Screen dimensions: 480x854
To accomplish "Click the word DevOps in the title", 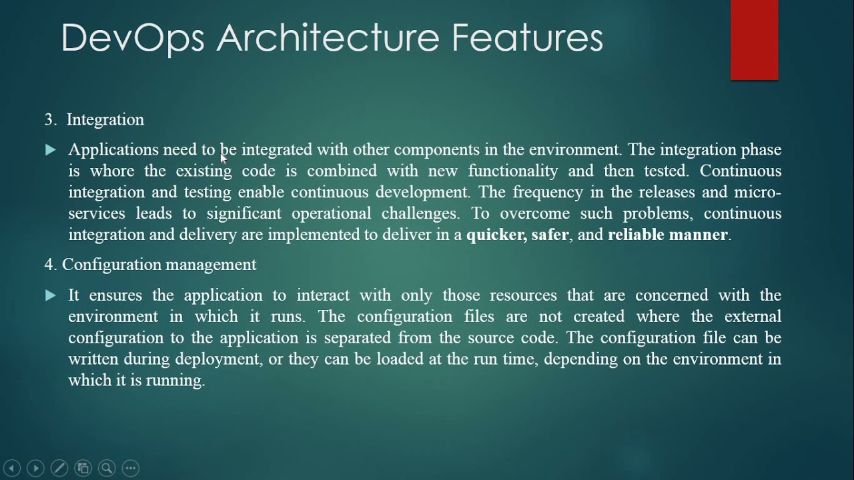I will click(x=132, y=38).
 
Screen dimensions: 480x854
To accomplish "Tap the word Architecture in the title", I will click(x=327, y=38).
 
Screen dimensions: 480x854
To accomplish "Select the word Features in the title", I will click(x=527, y=38).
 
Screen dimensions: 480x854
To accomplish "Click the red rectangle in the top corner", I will click(x=754, y=40).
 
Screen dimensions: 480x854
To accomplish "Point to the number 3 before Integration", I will click(x=49, y=120).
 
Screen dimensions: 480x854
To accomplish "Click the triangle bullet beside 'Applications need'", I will click(x=51, y=150).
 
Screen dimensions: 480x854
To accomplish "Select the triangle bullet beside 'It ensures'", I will click(x=51, y=295).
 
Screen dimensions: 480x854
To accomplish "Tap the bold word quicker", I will click(x=496, y=235).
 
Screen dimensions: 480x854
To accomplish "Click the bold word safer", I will click(x=550, y=235).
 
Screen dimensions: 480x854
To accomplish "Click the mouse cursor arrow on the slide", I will click(x=224, y=157).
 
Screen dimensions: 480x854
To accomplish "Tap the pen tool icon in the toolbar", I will click(x=59, y=468).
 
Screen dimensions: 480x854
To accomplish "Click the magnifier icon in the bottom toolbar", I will click(x=107, y=468).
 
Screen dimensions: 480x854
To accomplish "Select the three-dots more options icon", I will click(x=131, y=468).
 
